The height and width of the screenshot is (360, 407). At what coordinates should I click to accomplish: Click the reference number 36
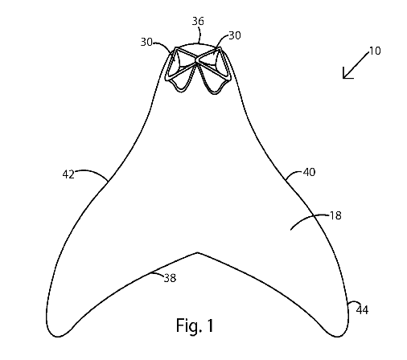(198, 21)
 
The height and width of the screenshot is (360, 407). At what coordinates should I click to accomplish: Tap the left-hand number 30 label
(146, 42)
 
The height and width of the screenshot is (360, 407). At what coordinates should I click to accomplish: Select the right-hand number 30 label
(235, 35)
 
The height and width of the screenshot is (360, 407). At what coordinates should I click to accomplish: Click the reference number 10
(375, 51)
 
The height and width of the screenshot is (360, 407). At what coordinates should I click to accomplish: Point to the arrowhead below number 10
(347, 75)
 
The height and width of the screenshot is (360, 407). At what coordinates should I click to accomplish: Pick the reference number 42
(68, 174)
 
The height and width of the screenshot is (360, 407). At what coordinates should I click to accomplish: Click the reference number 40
(309, 172)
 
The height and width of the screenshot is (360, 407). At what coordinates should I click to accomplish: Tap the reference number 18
(335, 215)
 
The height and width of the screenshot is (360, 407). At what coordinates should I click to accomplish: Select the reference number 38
(170, 278)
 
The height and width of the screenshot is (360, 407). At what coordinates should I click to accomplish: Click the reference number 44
(362, 310)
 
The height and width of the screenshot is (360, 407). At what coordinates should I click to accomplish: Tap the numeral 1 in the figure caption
(210, 325)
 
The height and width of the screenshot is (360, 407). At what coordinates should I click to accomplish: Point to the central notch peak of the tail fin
(198, 252)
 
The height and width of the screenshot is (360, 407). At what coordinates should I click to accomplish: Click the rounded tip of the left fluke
(58, 336)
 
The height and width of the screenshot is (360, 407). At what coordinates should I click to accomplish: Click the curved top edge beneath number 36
(198, 43)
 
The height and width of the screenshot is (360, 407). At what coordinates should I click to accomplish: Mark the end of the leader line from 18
(291, 230)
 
